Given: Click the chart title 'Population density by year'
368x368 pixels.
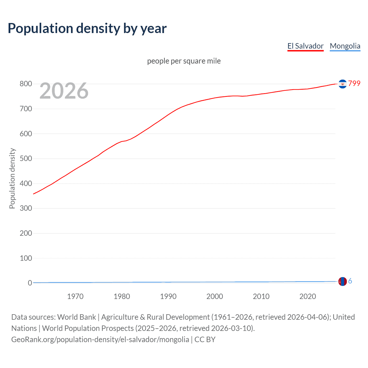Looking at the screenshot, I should tap(87, 28).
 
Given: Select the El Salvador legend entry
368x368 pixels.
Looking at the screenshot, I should tap(305, 46).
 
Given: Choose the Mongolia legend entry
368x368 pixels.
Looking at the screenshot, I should tap(345, 46).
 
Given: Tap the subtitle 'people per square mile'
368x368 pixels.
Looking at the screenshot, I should tap(184, 61).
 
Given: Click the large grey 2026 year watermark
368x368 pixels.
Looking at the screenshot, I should tap(64, 91).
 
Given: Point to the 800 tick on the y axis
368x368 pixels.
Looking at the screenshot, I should tap(26, 84).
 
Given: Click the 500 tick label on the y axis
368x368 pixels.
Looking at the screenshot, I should tap(26, 158).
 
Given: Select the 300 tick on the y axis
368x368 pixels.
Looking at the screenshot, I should tap(26, 208).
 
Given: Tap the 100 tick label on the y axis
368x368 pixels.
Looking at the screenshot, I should tap(26, 258).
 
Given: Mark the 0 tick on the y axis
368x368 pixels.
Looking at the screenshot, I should tap(30, 283).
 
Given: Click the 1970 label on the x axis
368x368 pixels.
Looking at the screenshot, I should tap(75, 296).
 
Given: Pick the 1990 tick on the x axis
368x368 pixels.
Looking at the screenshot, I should tap(168, 296).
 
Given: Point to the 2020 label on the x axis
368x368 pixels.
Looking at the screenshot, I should tap(308, 296).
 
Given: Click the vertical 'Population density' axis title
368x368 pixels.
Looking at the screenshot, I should tap(12, 178).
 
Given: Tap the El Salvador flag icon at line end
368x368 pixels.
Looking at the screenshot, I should tap(342, 84).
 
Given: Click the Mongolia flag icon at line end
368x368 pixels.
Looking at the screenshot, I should tap(342, 281).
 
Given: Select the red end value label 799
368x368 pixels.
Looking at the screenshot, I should tap(354, 83).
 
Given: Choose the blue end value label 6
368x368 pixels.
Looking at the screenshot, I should tap(350, 281).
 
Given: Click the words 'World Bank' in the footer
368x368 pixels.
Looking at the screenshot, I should tap(76, 317).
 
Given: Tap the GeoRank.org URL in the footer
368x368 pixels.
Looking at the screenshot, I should tap(100, 339).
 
